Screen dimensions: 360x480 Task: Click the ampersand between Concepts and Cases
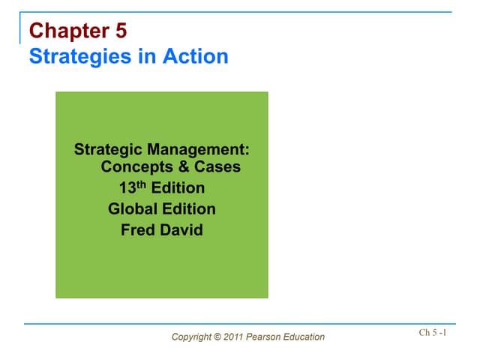(177, 167)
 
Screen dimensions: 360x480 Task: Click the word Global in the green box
(132, 209)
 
